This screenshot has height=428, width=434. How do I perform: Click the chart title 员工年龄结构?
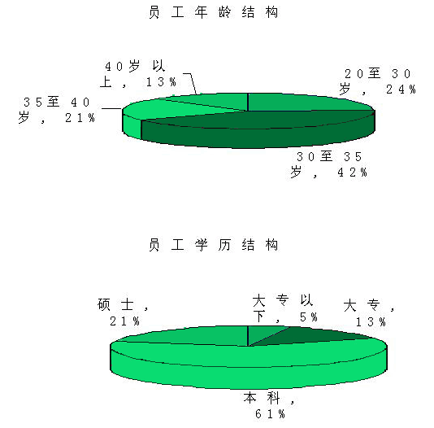(x=213, y=12)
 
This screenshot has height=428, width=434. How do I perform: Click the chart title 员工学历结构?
(x=213, y=245)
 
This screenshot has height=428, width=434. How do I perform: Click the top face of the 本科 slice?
(x=250, y=356)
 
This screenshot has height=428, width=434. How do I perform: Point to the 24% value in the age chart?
(x=401, y=90)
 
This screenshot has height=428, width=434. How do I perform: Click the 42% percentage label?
(x=353, y=173)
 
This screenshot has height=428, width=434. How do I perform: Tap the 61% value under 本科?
(x=270, y=414)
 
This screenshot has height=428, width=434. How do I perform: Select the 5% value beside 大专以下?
(x=309, y=317)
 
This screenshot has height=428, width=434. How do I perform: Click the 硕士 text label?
(x=115, y=304)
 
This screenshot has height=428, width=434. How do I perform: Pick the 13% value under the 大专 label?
(x=371, y=322)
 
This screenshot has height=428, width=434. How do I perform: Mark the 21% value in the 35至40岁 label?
(x=80, y=118)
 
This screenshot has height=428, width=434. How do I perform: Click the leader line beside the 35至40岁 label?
(x=112, y=108)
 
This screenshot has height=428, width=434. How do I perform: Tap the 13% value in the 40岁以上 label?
(x=161, y=81)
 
